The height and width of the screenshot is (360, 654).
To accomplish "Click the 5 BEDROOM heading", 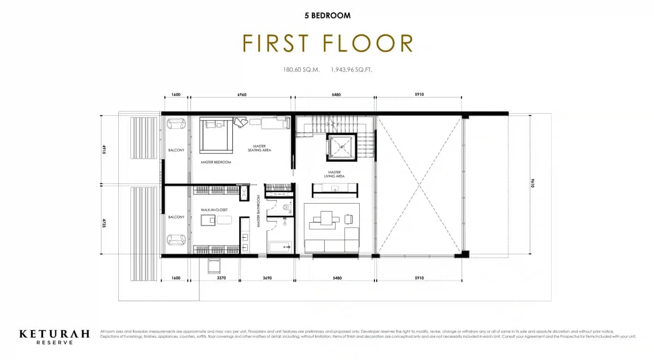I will coord(327,16).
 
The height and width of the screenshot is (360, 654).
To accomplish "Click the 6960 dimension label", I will coord(241,95).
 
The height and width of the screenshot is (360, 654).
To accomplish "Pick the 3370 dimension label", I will coord(221,278).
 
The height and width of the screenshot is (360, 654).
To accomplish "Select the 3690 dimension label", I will coord(268,278).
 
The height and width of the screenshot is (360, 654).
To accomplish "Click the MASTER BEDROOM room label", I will coord(216,162).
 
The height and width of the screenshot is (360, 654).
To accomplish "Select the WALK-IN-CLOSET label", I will coord(214,210).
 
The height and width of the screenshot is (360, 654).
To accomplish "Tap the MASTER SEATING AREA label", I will coord(259,148).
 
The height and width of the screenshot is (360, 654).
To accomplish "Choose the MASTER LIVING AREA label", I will coord(334,174).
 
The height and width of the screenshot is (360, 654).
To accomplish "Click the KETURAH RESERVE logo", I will coord(55,336).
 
